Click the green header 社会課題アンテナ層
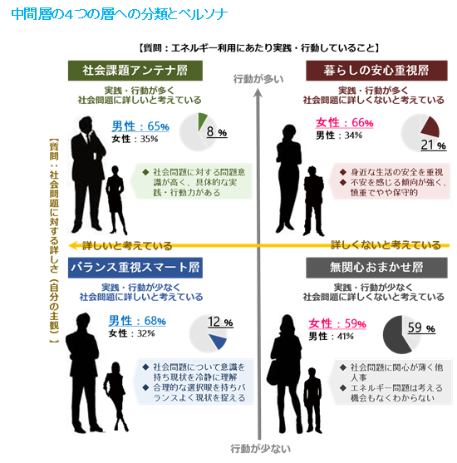pos(135,71)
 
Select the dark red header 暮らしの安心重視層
pos(376,71)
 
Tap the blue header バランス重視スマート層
pos(135,268)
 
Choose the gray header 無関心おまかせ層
pos(376,268)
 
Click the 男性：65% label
pos(140,126)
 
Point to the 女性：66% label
pos(345,122)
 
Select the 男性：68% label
pos(137,321)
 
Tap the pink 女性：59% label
pos(337,323)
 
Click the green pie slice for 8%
pos(202,121)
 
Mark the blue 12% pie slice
pos(219,341)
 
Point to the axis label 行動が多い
pos(258,79)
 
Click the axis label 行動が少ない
pos(260,449)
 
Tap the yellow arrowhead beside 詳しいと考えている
pos(73,245)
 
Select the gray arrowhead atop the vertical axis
pos(258,93)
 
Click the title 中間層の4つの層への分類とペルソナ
pos(120,13)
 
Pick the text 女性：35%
pos(135,139)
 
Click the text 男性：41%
pos(331,336)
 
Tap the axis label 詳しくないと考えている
pos(386,245)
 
